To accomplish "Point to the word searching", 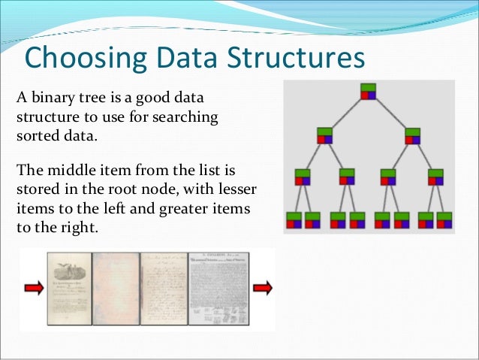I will [x=190, y=119].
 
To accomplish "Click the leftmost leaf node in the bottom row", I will [x=294, y=219].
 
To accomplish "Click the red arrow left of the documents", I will [x=33, y=287].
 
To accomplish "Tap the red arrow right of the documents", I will [x=263, y=287].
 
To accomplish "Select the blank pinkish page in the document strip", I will [x=116, y=289].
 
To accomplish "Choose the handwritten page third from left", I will [x=164, y=289].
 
